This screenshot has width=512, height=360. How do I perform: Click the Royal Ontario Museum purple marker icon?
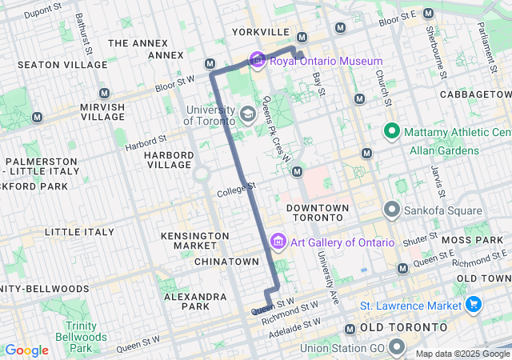pos(257,60)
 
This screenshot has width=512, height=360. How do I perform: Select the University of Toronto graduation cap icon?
pos(248,115)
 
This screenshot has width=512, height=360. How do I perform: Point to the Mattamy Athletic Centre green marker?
pos(392,130)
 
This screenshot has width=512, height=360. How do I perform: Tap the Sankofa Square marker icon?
pos(392,210)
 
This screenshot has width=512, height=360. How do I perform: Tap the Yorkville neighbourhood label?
pos(260,32)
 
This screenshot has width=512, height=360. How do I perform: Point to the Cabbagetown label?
pos(475,94)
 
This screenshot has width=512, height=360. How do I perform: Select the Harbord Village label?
pos(168,159)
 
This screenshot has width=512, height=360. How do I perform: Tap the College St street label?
pos(237,190)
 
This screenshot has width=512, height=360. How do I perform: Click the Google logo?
pos(27,350)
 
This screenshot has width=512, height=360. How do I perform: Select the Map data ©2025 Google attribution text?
pos(462,354)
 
